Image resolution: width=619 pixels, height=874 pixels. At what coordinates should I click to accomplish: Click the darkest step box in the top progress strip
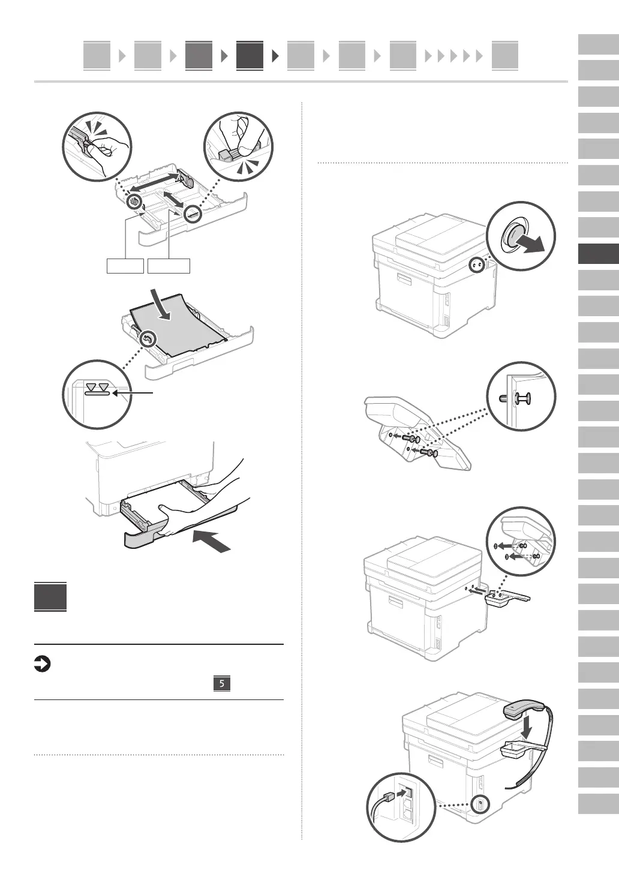[250, 56]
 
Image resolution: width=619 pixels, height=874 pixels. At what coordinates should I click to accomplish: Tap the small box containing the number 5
[222, 683]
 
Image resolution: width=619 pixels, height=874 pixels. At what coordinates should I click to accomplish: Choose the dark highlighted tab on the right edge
[598, 254]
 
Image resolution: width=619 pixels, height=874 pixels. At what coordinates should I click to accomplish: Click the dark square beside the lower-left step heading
[50, 597]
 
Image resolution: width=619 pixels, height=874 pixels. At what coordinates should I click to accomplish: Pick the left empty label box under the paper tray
[125, 266]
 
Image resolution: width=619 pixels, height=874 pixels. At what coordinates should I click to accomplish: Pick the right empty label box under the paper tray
[169, 266]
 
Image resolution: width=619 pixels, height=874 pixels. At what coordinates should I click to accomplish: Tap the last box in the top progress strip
[504, 56]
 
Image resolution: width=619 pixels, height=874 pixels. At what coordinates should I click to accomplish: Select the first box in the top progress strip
[97, 56]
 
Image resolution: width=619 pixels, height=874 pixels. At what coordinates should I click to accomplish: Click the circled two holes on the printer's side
[477, 265]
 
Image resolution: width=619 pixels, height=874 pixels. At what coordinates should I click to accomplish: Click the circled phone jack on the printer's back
[480, 804]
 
